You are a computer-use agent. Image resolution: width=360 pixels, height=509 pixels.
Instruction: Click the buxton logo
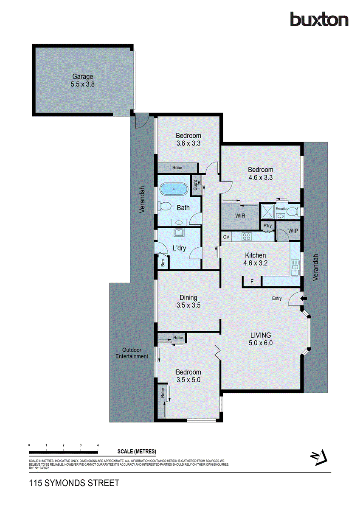319,20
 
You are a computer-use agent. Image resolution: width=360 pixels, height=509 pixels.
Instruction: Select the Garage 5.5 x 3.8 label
82,81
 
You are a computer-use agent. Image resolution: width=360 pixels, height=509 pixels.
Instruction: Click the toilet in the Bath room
163,207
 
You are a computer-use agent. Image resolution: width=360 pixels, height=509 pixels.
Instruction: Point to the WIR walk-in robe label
240,215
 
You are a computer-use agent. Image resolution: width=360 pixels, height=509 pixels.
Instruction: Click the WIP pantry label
293,231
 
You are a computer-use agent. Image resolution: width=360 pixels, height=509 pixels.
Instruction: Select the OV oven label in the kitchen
226,236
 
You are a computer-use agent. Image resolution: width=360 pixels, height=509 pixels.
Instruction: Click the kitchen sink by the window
295,267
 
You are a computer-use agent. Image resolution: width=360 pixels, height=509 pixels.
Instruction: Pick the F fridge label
252,281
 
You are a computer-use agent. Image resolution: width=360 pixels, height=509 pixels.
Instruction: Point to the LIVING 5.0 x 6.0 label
261,339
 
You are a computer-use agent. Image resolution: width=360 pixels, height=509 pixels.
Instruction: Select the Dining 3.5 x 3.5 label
188,301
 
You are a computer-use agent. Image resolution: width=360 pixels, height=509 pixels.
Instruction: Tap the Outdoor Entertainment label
132,353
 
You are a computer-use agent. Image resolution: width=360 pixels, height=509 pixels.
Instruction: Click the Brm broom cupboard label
163,263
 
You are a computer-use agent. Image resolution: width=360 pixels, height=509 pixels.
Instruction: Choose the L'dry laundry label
179,248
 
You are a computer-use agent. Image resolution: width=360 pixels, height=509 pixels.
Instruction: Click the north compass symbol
319,457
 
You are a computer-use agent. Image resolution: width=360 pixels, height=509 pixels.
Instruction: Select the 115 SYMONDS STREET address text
74,483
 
